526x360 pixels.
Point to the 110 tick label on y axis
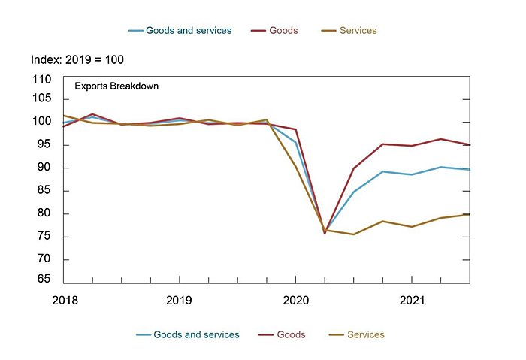(42, 80)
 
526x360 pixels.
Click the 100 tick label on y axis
(42, 122)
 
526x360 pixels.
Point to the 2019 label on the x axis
(179, 300)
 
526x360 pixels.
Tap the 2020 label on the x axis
(295, 300)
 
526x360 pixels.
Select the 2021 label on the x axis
(412, 300)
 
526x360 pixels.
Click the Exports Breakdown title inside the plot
(116, 86)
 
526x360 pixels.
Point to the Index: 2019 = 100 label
(78, 59)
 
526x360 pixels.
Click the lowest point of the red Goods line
(325, 233)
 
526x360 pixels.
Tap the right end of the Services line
(470, 214)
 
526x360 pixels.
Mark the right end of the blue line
(470, 169)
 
